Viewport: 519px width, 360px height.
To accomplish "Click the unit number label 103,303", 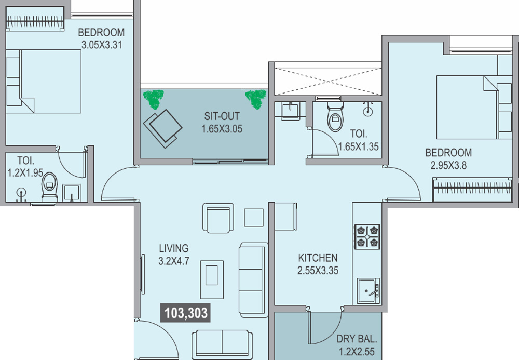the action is coord(186,313).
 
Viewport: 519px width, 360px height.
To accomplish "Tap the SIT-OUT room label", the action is coord(222,116).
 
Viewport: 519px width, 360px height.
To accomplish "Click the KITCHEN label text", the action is coord(318,258).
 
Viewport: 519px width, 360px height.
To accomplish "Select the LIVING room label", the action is coord(174,248).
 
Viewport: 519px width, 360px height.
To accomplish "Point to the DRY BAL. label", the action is coord(357,339).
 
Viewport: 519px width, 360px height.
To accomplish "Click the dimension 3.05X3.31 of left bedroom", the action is coord(102,44).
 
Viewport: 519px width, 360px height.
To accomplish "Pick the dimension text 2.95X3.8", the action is coord(448,165).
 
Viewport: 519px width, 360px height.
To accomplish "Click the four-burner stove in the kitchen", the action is coord(367,237).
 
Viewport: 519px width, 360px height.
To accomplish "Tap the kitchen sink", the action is coord(368,291).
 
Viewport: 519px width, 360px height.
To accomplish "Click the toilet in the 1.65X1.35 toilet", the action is coord(335,116).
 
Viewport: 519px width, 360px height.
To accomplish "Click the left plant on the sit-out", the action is coord(153,99).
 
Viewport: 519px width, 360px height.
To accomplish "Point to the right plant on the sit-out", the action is coord(256,99).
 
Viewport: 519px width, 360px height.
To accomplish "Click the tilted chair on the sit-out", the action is coord(162,128).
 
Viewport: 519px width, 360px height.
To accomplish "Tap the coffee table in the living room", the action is coord(212,279).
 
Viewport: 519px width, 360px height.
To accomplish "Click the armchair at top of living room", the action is coord(218,218).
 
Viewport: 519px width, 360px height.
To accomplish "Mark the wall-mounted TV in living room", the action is coord(143,274).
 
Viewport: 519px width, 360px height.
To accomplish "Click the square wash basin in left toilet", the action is coord(72,193).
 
